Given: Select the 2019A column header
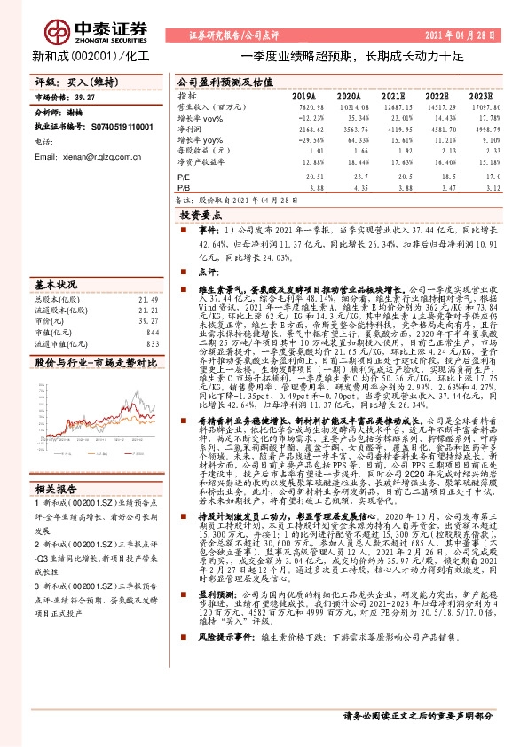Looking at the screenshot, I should pos(304,94).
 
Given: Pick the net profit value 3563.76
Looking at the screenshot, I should pos(347,129).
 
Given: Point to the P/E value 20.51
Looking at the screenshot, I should pos(304,177).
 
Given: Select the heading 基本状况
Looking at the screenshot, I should pos(56,285).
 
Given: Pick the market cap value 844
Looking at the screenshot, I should pos(153,332).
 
